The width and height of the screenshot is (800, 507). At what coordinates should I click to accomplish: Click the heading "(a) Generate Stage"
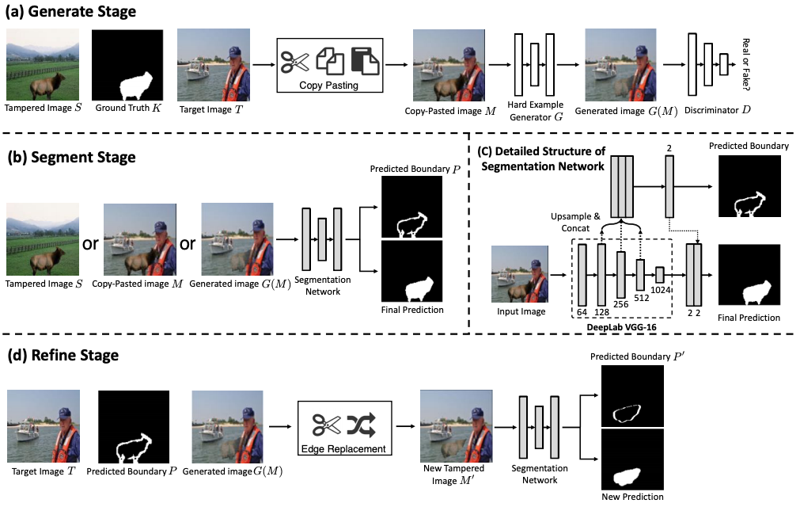coord(71,12)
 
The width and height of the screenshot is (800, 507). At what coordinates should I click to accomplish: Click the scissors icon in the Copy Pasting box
coord(295,61)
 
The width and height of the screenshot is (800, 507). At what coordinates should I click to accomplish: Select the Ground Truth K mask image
coord(127,64)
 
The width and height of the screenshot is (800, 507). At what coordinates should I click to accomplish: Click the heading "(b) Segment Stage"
coord(71,157)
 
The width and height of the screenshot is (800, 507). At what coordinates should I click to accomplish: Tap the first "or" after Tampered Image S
coord(90,242)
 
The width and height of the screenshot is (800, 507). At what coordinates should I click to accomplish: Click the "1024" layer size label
coord(661,290)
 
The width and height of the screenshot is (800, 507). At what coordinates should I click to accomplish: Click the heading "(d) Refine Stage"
coord(63,355)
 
